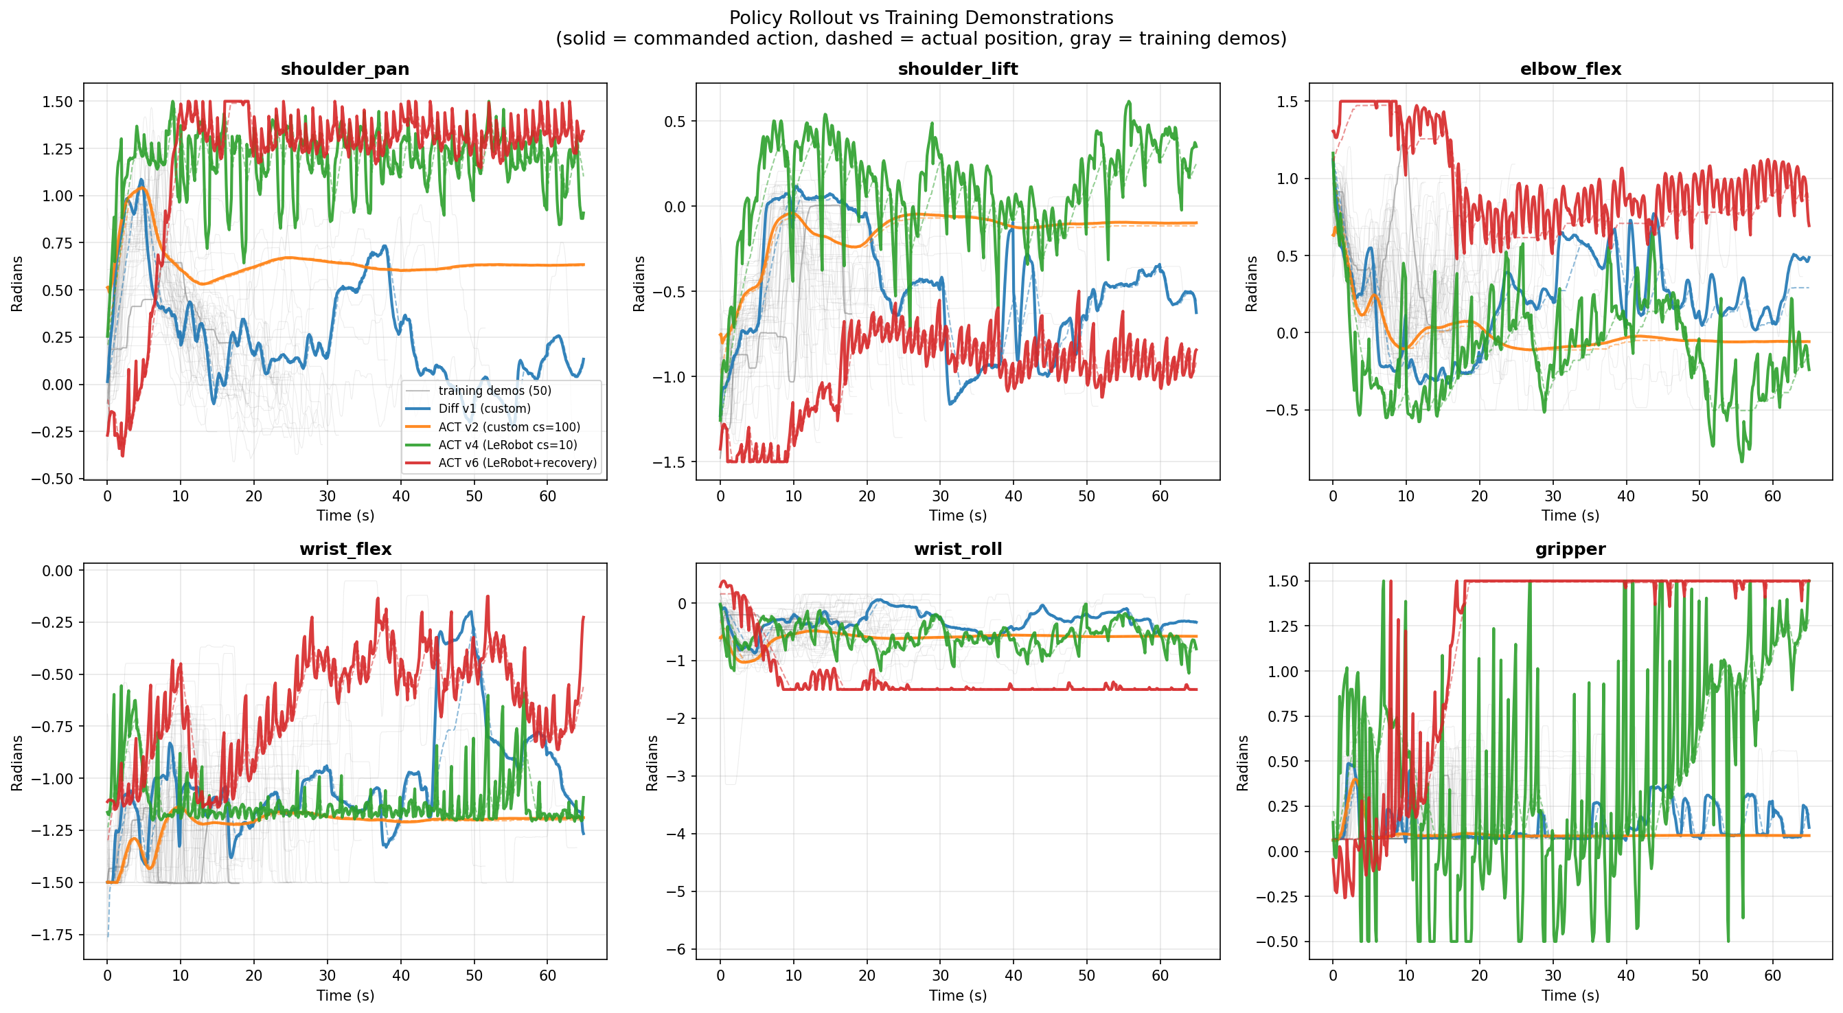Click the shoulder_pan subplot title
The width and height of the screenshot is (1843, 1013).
345,69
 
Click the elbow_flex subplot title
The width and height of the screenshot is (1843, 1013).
1570,69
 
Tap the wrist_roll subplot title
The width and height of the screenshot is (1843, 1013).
957,549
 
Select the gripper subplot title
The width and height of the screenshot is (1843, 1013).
1570,549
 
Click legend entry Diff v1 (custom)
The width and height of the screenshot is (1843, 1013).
484,409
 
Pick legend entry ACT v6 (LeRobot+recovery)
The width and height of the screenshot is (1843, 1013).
517,463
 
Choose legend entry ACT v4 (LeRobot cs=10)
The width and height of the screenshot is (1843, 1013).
507,445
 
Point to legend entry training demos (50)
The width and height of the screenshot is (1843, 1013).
494,391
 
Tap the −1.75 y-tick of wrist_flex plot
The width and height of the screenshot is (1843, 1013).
51,934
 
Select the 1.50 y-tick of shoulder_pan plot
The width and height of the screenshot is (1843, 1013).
57,102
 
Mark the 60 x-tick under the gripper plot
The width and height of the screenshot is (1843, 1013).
1772,976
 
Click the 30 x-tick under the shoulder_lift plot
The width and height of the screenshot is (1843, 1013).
940,496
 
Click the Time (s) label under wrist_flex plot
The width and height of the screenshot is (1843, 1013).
345,995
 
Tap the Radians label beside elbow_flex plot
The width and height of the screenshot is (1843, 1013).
1250,283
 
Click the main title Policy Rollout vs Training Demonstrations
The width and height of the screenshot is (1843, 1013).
921,18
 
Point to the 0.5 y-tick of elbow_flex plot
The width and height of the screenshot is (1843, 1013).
1287,255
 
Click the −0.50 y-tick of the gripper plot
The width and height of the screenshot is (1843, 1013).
1277,942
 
